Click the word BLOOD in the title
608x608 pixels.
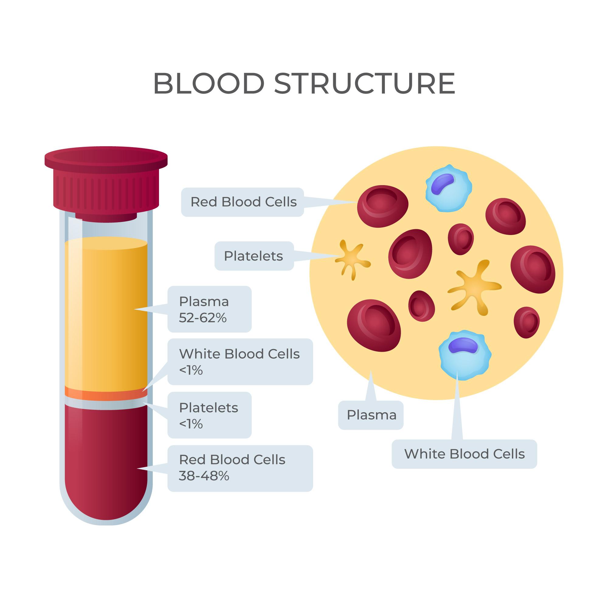209,83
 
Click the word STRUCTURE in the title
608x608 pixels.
365,83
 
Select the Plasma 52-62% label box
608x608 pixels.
209,309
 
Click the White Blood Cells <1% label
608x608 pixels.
240,361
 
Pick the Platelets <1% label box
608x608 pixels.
209,415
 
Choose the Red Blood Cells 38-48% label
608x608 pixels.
240,468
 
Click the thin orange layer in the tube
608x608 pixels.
106,394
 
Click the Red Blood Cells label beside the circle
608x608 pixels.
243,202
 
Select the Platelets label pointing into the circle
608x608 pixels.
254,256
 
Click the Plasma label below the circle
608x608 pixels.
371,415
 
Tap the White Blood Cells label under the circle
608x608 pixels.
465,454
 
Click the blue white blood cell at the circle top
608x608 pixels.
449,188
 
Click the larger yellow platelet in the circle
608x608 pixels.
474,287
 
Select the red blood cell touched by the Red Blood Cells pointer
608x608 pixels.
383,206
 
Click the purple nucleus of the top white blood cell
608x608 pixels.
442,184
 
